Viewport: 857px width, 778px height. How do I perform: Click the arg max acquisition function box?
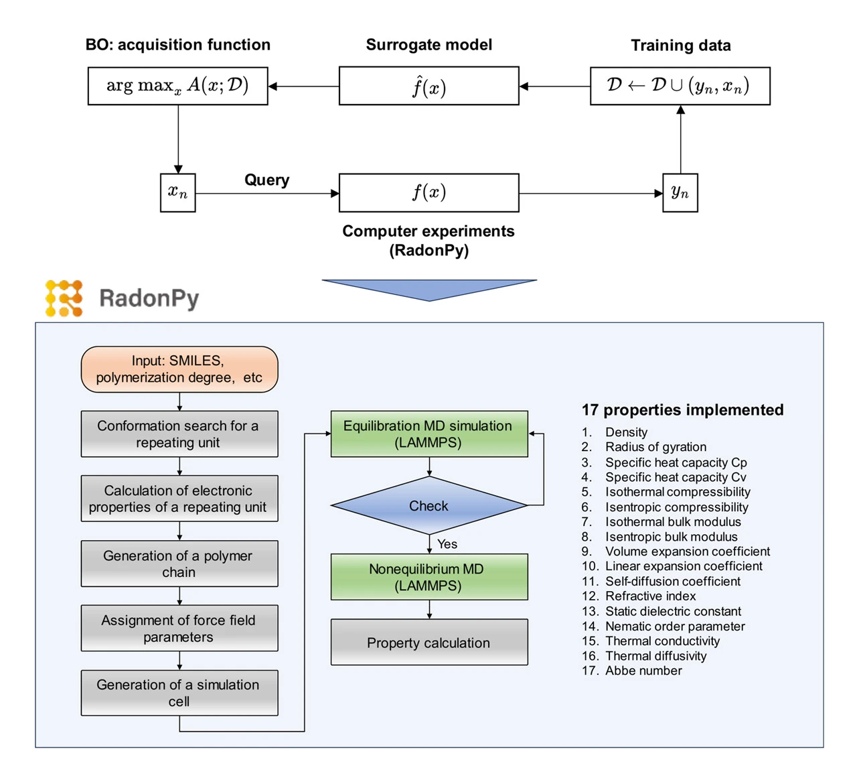pos(177,86)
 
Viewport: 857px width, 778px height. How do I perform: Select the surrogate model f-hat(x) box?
pos(428,86)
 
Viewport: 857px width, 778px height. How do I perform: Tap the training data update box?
pos(680,86)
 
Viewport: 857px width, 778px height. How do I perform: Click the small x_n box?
pos(177,193)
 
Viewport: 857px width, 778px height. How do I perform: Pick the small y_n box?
pos(680,193)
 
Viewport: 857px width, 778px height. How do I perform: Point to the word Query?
pos(266,180)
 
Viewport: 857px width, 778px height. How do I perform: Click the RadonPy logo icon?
pos(64,298)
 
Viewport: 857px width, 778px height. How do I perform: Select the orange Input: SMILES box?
pos(179,369)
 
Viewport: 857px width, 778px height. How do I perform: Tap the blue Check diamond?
pos(428,506)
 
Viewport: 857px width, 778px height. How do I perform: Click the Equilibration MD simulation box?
pos(428,434)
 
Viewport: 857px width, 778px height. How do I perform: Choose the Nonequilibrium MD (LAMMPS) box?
pos(428,577)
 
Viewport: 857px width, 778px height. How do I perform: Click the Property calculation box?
pos(428,643)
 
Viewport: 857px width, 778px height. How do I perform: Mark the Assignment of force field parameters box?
pos(179,629)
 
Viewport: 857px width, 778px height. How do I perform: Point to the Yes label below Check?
pos(447,544)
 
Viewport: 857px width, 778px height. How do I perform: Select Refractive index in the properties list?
pos(650,596)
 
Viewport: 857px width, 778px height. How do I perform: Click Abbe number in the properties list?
pos(643,671)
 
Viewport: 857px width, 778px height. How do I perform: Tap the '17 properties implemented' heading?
pos(682,410)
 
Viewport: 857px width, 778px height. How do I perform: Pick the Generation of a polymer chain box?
pos(179,564)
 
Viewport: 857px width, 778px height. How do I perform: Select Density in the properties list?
pos(626,432)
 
